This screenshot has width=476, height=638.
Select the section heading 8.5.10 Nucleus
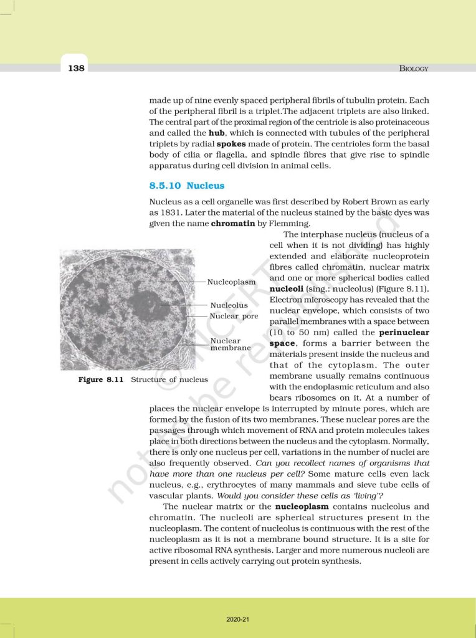187,186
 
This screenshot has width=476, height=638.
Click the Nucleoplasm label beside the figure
231,282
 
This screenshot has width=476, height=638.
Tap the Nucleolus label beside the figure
229,305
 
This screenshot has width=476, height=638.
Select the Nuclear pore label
234,317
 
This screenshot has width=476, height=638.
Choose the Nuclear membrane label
229,345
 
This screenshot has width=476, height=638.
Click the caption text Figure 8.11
100,379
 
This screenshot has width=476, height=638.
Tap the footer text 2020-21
238,619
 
